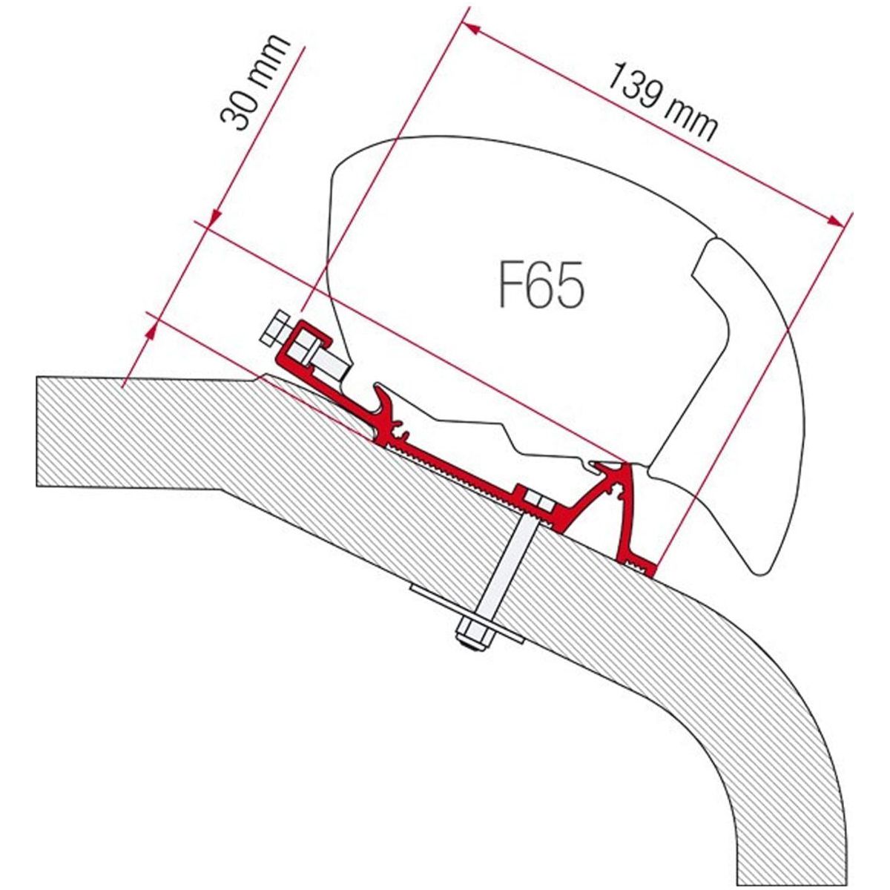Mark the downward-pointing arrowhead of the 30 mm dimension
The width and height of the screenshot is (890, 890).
pyautogui.click(x=216, y=219)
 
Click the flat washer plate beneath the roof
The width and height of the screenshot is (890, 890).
pyautogui.click(x=467, y=615)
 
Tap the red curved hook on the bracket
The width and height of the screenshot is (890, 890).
pyautogui.click(x=389, y=406)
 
